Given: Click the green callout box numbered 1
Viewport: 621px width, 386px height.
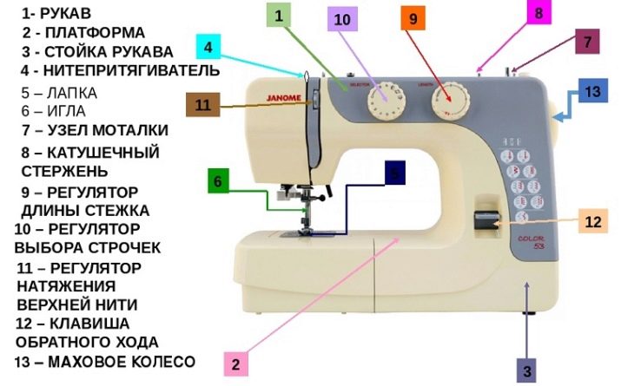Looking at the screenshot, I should coord(278,16).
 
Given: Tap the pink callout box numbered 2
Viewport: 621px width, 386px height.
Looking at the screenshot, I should coord(235,363).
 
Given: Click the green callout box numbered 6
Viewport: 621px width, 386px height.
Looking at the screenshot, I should coord(220,181).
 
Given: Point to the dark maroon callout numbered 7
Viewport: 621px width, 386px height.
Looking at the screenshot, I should coord(588,42).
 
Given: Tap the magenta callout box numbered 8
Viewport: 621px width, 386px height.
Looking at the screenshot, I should coord(538,14).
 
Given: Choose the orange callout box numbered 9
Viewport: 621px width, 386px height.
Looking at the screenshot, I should coord(413,17).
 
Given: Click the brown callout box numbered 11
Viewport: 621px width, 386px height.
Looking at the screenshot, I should coord(203,105).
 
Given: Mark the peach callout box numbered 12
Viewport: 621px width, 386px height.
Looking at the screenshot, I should coord(592,222).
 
